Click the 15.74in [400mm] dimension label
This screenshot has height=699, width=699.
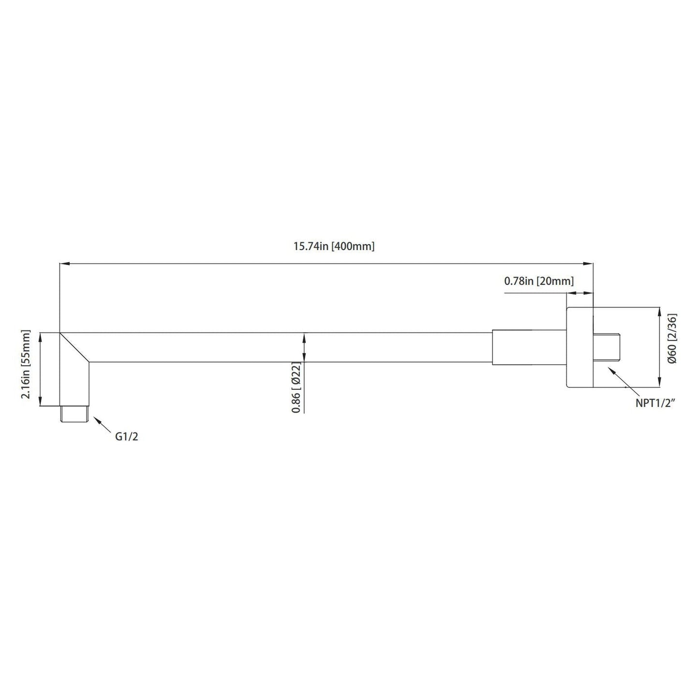tap(334, 246)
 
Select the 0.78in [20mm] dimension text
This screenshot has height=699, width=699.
tap(539, 281)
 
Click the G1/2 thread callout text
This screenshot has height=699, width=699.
tap(127, 436)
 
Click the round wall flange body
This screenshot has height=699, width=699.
tap(580, 347)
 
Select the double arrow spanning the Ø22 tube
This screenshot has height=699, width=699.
tap(304, 347)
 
